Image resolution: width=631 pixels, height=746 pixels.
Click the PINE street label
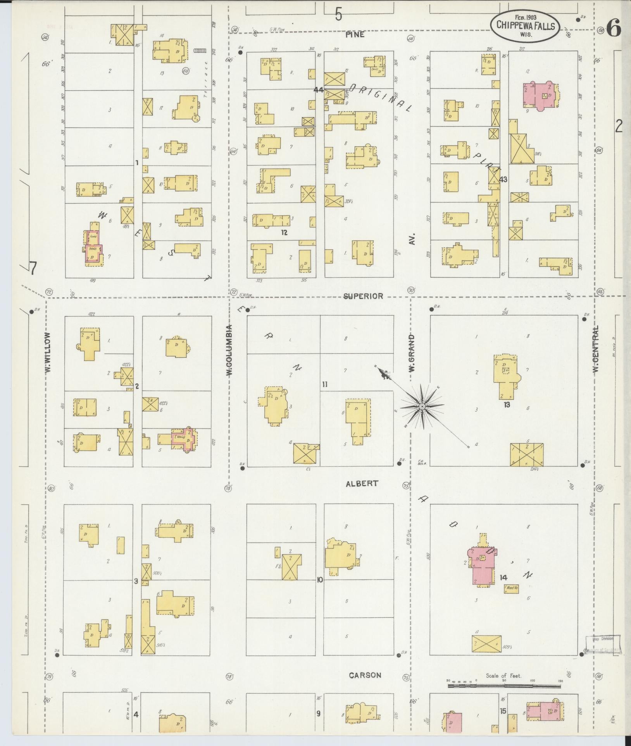coord(355,35)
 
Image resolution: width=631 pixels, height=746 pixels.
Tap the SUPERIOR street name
coord(363,296)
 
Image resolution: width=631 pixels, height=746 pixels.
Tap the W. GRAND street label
coord(411,353)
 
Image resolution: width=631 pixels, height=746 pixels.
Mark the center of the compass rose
coord(422,406)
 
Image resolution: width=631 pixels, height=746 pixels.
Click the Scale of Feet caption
coord(504,676)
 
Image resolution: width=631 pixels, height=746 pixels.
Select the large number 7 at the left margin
coord(33,268)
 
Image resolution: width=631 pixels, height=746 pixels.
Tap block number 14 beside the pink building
coord(503,589)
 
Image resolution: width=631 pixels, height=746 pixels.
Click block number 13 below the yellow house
coord(507,405)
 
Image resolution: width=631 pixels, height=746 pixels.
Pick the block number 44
coord(319,90)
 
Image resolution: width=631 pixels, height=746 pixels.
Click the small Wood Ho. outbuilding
coord(511,599)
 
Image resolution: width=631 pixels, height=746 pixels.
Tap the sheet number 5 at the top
coord(339,15)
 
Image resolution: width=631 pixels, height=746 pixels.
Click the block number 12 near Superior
coord(284,233)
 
